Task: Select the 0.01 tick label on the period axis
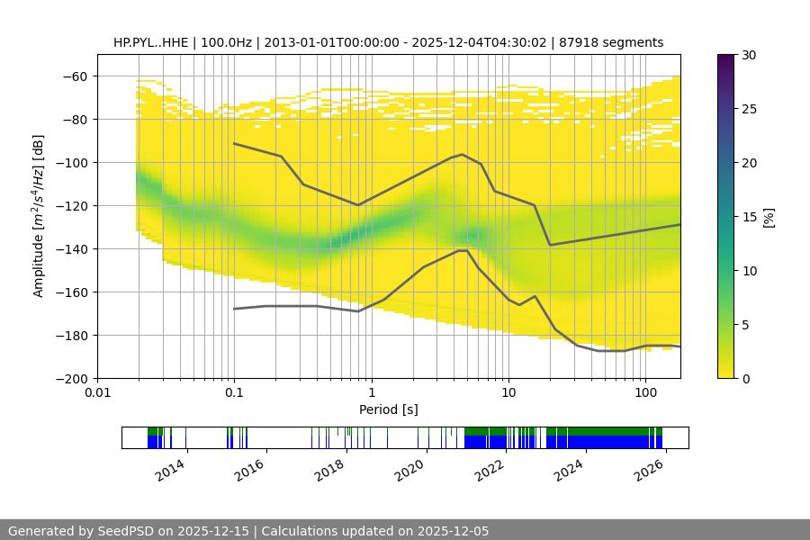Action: [97, 393]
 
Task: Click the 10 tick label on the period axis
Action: [508, 393]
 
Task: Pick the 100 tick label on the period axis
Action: [645, 393]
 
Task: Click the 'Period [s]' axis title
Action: [389, 409]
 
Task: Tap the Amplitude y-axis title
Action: [38, 216]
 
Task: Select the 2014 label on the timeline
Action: [170, 469]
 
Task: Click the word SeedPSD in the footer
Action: [126, 531]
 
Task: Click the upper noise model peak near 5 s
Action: [463, 154]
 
